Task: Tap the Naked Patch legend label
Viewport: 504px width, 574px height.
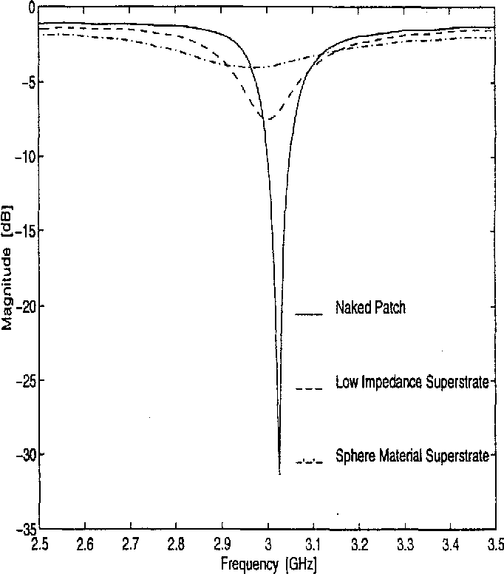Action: pos(370,308)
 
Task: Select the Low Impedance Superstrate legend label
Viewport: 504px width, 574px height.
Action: pos(412,382)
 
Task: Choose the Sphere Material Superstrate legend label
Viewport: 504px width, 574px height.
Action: pos(412,456)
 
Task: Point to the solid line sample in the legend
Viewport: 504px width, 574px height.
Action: pos(310,314)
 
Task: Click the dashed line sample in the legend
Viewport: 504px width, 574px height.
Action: pos(310,388)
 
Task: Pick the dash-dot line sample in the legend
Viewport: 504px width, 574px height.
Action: pos(310,462)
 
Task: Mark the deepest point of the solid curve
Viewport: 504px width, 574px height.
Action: pos(279,473)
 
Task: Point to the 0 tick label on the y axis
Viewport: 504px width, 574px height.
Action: pos(30,8)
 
